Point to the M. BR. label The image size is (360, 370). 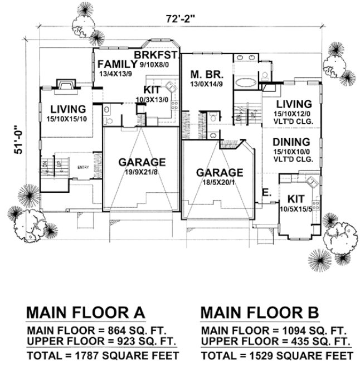click(203, 74)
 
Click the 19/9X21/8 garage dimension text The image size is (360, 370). click(142, 171)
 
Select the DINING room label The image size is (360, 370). click(291, 142)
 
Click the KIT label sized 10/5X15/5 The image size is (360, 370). click(296, 199)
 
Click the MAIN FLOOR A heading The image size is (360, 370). click(86, 310)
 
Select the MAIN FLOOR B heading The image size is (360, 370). click(260, 310)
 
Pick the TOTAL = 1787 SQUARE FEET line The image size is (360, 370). click(103, 356)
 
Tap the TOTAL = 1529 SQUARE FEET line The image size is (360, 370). click(277, 356)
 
